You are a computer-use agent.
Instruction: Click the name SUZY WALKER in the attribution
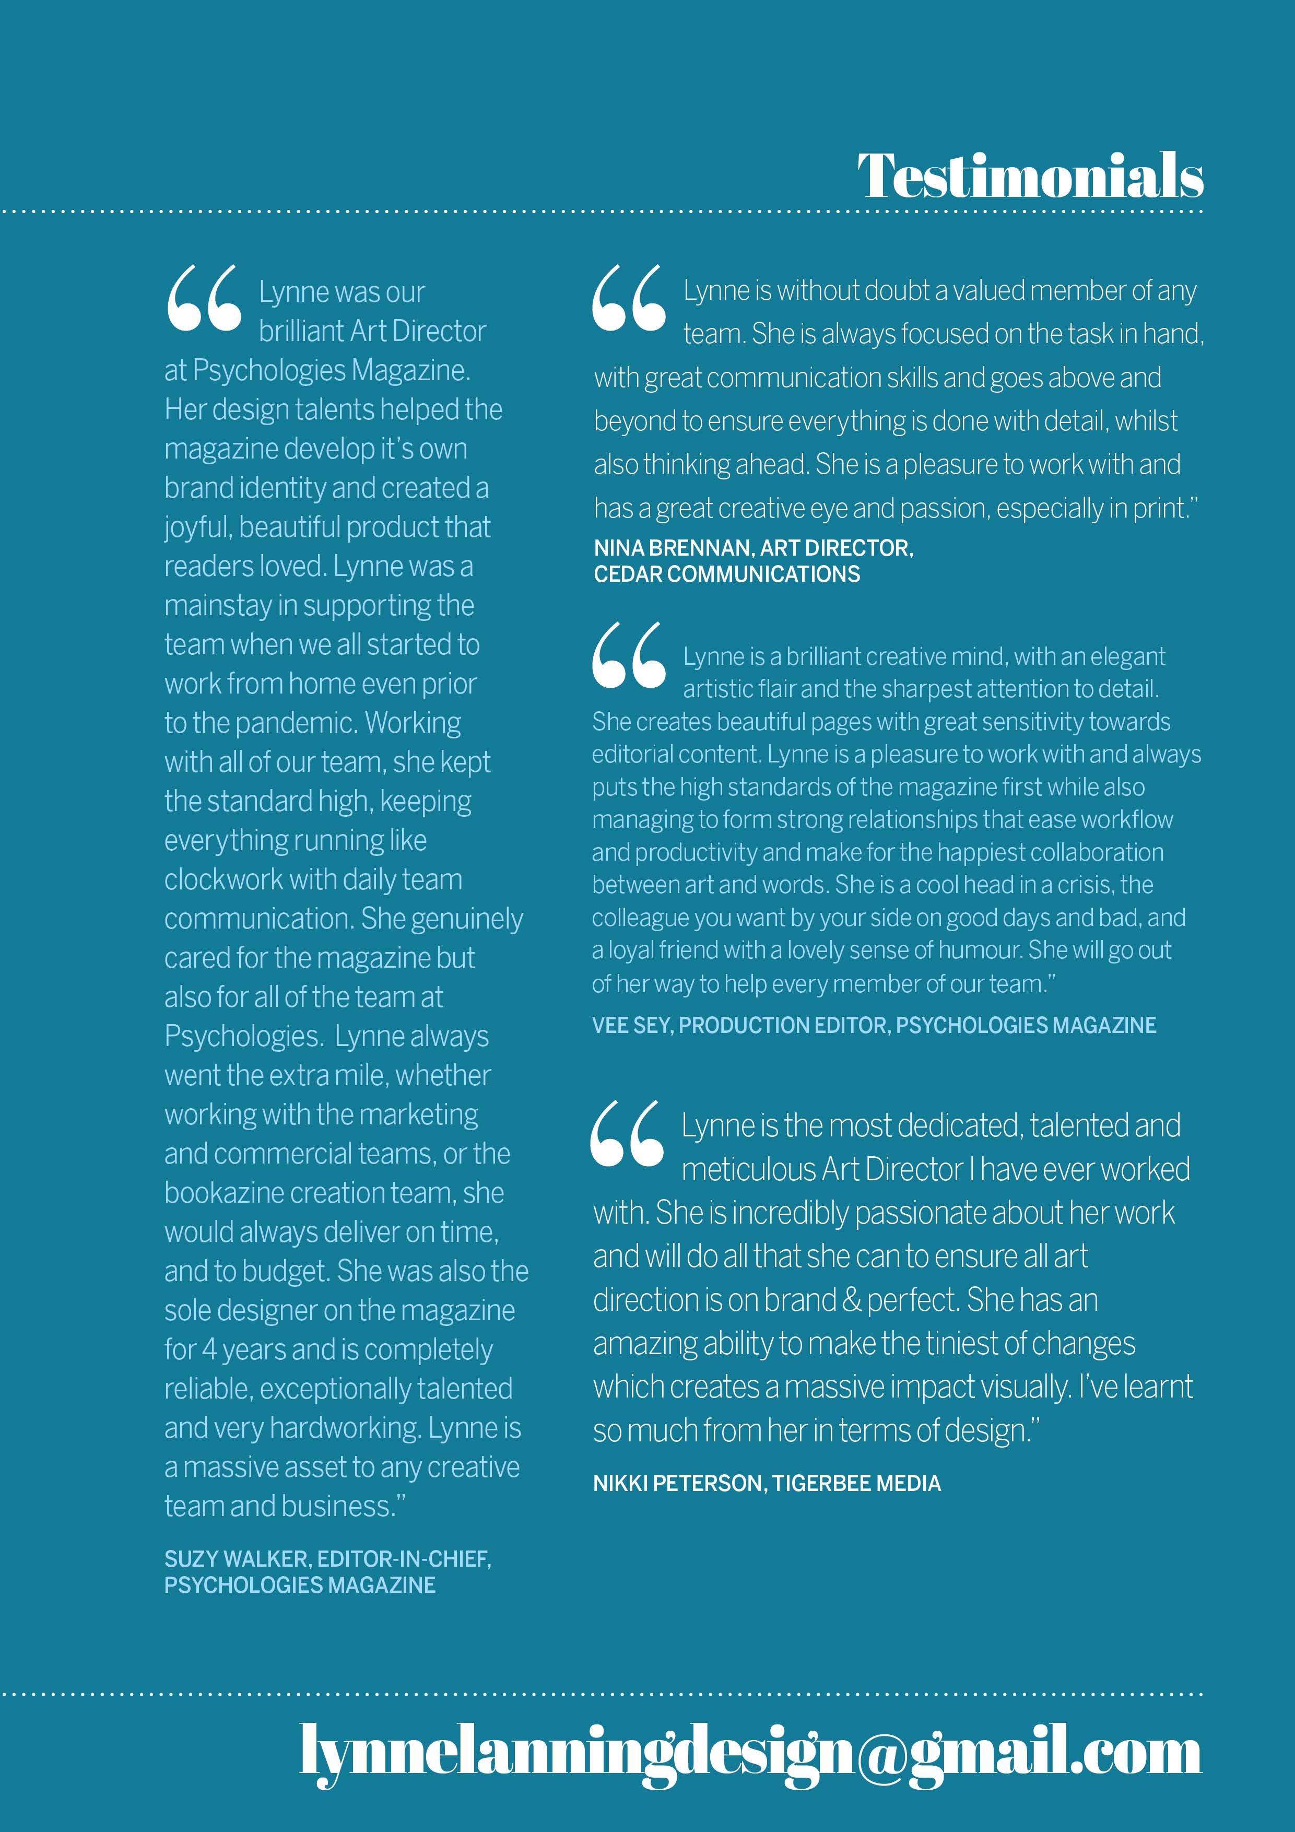point(238,1558)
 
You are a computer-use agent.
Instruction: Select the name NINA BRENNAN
point(673,547)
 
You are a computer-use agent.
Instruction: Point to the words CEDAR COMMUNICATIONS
point(726,574)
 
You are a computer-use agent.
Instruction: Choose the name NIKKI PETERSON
point(679,1483)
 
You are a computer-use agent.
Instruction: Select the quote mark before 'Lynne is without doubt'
point(629,298)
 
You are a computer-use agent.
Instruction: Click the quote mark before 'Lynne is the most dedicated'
point(627,1133)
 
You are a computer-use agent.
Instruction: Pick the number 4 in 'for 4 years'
point(209,1350)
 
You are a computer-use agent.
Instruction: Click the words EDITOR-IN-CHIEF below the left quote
point(404,1558)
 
